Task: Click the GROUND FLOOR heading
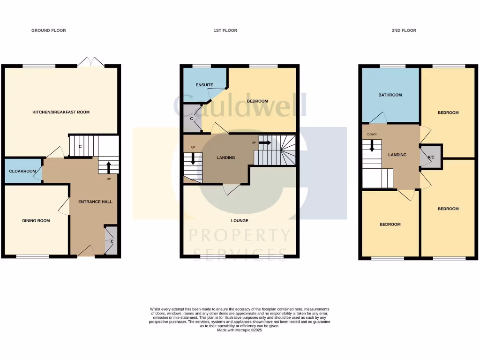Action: (x=49, y=30)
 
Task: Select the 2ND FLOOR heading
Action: (x=404, y=30)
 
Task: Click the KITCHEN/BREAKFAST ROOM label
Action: (x=61, y=112)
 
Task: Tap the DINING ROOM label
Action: (x=36, y=220)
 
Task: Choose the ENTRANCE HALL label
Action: (x=95, y=202)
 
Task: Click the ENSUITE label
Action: (x=204, y=85)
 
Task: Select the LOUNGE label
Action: (x=240, y=220)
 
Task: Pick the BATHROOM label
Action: (x=390, y=95)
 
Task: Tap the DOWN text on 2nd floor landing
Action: (x=372, y=134)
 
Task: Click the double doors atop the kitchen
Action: (x=90, y=62)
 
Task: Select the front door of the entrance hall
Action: (x=85, y=253)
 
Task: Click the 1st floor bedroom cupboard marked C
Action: (x=191, y=118)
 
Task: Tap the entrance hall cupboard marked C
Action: (x=112, y=241)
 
